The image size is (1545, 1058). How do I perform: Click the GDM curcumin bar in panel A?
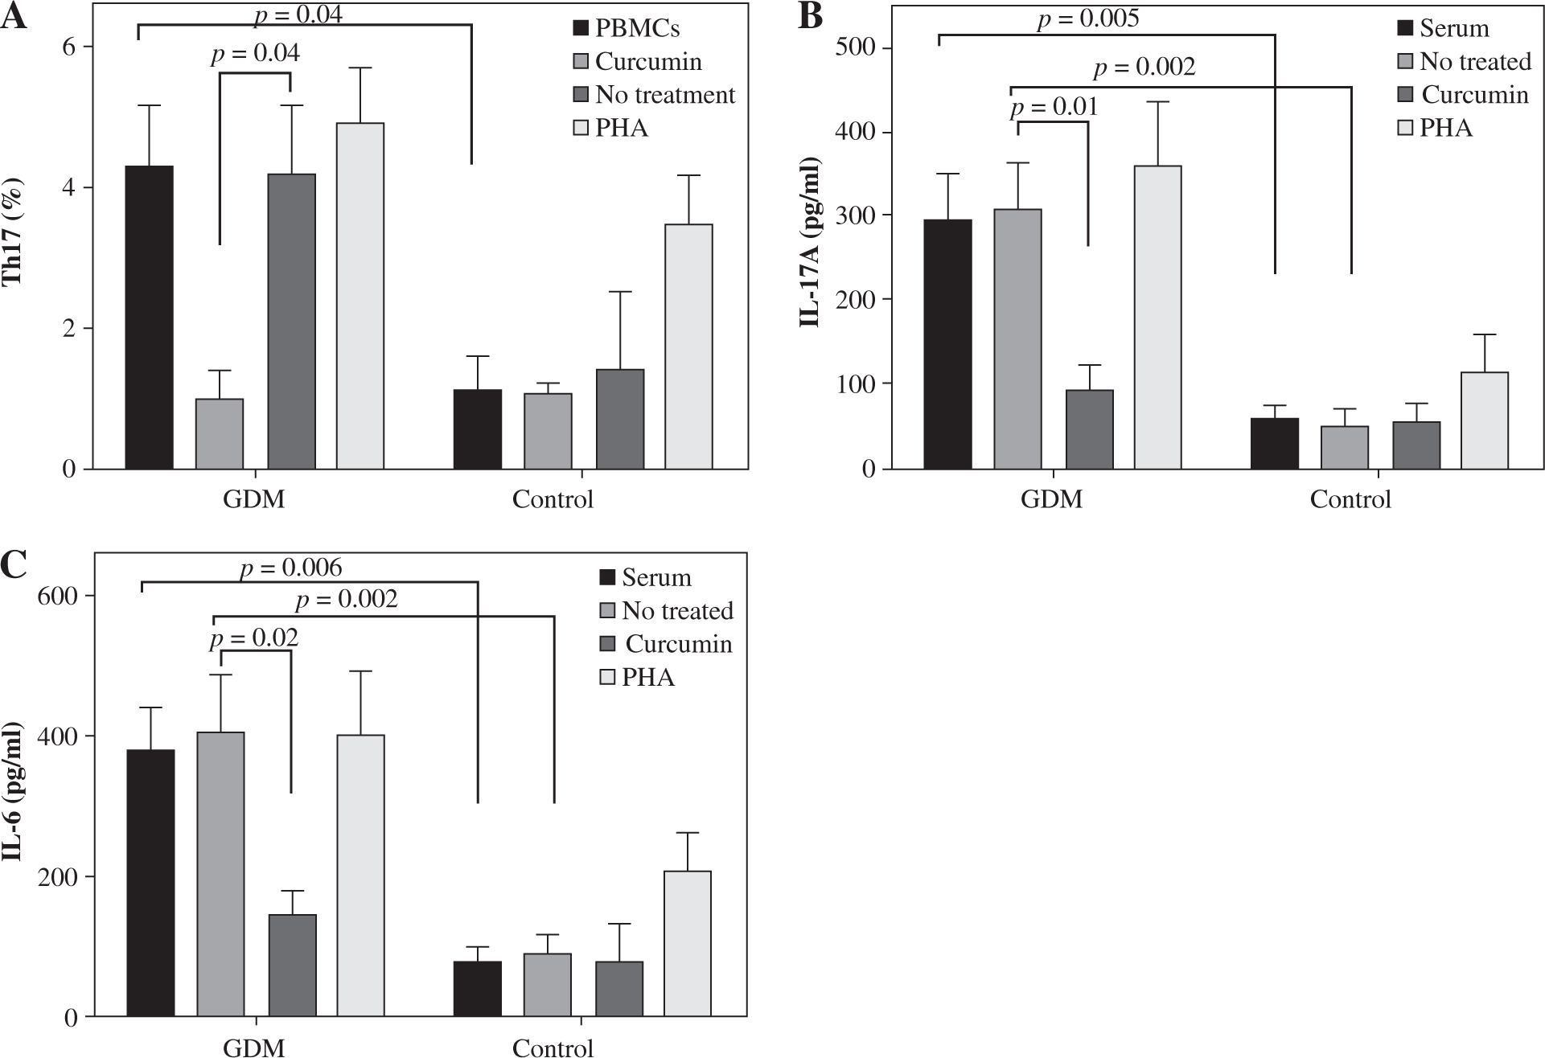220,433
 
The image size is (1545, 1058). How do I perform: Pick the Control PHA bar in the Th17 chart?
688,346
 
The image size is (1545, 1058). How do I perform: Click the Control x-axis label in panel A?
553,499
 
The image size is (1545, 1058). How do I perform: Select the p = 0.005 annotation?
1087,18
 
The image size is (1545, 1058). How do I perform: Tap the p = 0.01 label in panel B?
1053,107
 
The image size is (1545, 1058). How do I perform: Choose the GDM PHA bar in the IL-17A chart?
1157,317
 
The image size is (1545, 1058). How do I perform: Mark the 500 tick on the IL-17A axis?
860,47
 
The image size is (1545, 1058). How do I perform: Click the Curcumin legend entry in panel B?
1474,94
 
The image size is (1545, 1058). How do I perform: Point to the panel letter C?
15,564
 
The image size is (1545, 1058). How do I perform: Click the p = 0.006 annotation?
291,568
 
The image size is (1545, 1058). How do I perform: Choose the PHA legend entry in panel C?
648,677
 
